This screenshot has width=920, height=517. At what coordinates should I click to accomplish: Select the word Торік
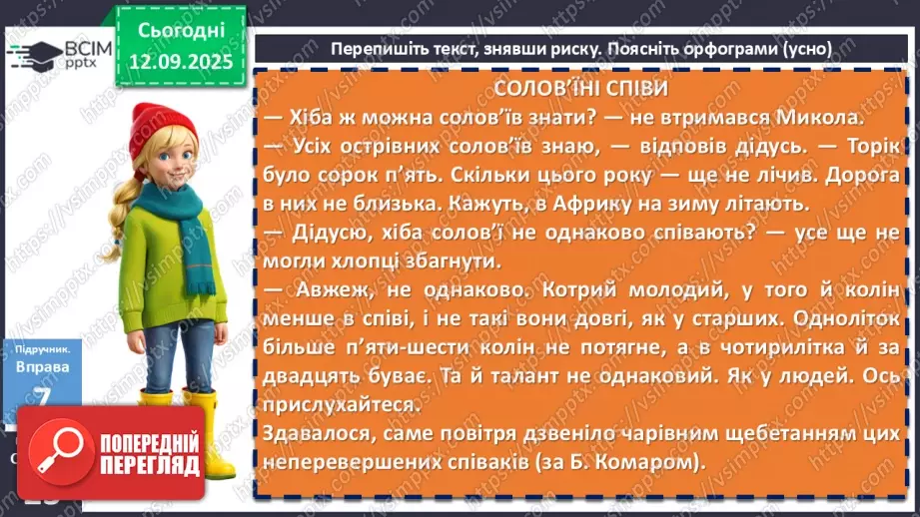(x=865, y=146)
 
